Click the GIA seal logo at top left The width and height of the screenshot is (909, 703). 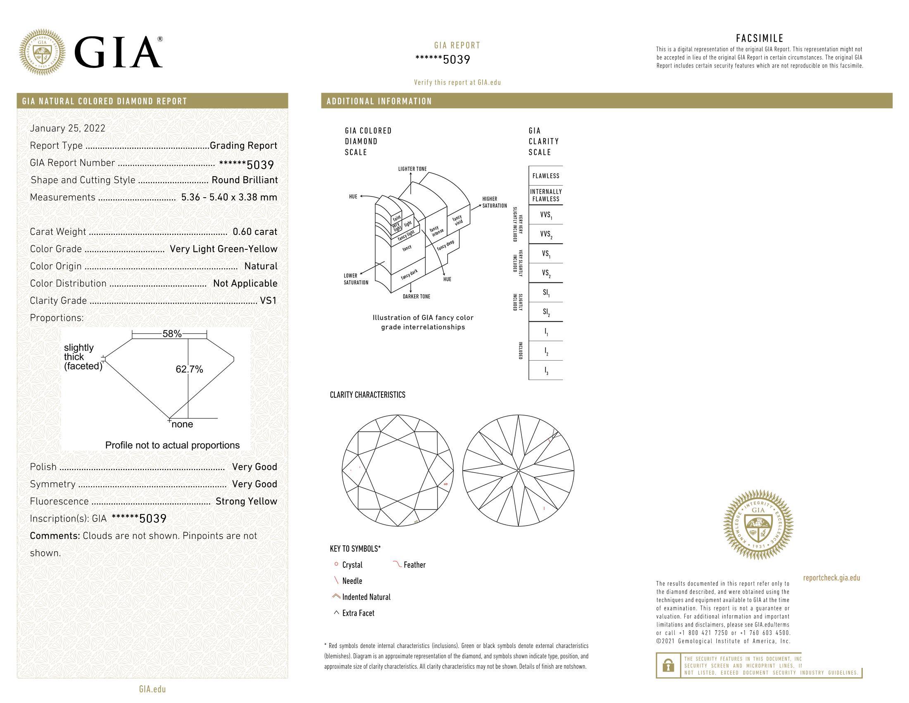43,52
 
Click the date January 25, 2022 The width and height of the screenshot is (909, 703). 68,128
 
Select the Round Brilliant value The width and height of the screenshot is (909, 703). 245,180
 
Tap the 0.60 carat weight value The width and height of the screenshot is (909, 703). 255,232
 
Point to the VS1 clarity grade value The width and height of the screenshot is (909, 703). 269,301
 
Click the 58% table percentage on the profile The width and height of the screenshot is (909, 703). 172,334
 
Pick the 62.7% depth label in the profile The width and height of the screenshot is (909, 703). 189,369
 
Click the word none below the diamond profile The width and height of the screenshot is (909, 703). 182,424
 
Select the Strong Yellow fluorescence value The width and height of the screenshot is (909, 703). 246,502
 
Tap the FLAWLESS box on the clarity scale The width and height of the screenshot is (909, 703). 546,176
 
